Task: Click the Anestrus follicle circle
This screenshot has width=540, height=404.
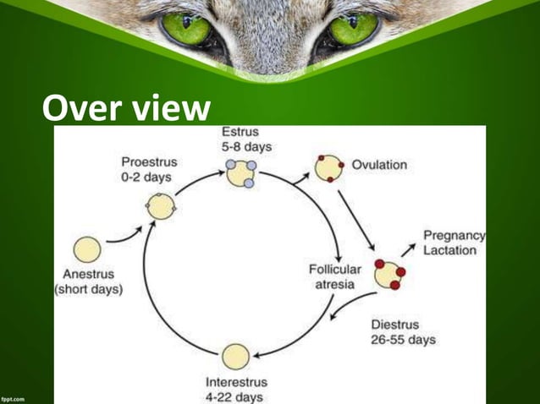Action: point(87,249)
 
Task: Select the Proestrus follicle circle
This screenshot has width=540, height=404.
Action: point(160,206)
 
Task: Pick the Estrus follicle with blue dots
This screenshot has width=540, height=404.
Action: point(240,173)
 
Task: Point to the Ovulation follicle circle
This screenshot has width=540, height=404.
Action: point(328,168)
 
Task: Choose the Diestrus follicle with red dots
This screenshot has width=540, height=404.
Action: point(389,274)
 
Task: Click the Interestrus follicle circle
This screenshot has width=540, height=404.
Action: point(235,357)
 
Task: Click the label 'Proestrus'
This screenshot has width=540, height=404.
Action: point(149,161)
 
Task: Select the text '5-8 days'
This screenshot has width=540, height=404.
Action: point(246,147)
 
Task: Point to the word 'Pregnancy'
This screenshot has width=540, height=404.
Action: point(454,236)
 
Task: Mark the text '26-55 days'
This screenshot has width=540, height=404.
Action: point(404,340)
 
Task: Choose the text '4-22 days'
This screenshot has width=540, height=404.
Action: point(234,396)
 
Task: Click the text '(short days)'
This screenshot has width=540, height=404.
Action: point(89,289)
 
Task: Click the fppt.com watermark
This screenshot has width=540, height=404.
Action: point(13,396)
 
